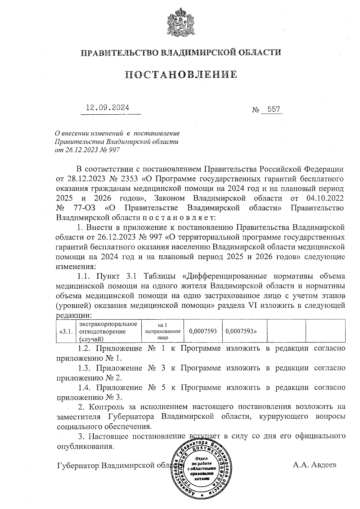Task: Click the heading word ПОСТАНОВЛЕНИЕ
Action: (181, 74)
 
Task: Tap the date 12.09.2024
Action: (108, 108)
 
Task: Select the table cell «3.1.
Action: (66, 331)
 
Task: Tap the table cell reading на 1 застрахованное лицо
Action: (162, 331)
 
